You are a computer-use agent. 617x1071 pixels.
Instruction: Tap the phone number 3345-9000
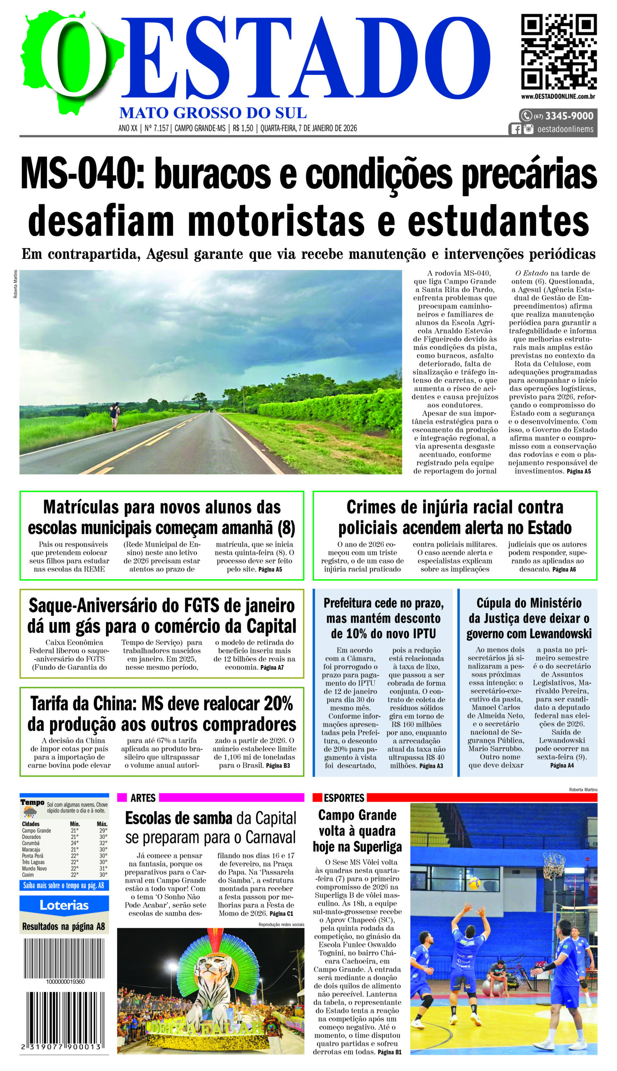coord(569,116)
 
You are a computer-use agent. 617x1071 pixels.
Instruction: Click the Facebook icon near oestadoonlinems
coord(516,129)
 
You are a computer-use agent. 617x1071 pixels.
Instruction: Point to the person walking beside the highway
coord(115,416)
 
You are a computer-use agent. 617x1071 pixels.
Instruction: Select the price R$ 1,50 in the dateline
coord(243,128)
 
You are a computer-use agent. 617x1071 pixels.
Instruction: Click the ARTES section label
coord(143,798)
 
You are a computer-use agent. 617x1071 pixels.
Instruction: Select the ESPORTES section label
coord(344,798)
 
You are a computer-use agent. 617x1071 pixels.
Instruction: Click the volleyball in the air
coord(474,883)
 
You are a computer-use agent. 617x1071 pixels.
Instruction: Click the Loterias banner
coord(64,905)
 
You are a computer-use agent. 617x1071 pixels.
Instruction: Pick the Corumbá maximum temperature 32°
coord(103,843)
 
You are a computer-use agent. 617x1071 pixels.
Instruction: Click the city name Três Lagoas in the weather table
coord(33,862)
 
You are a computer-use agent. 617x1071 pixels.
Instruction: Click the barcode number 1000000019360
coord(65,981)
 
